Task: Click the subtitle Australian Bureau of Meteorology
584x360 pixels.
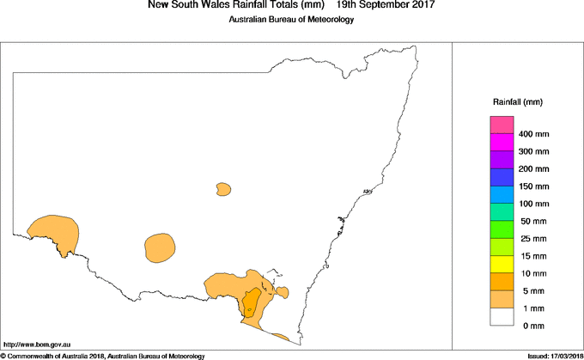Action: point(290,19)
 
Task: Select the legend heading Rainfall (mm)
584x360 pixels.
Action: point(517,102)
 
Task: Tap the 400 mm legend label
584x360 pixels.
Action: point(534,135)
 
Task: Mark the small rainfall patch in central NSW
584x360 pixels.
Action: point(224,188)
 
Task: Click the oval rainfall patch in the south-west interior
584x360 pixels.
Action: point(160,247)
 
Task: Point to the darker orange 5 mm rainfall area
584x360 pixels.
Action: point(252,302)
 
